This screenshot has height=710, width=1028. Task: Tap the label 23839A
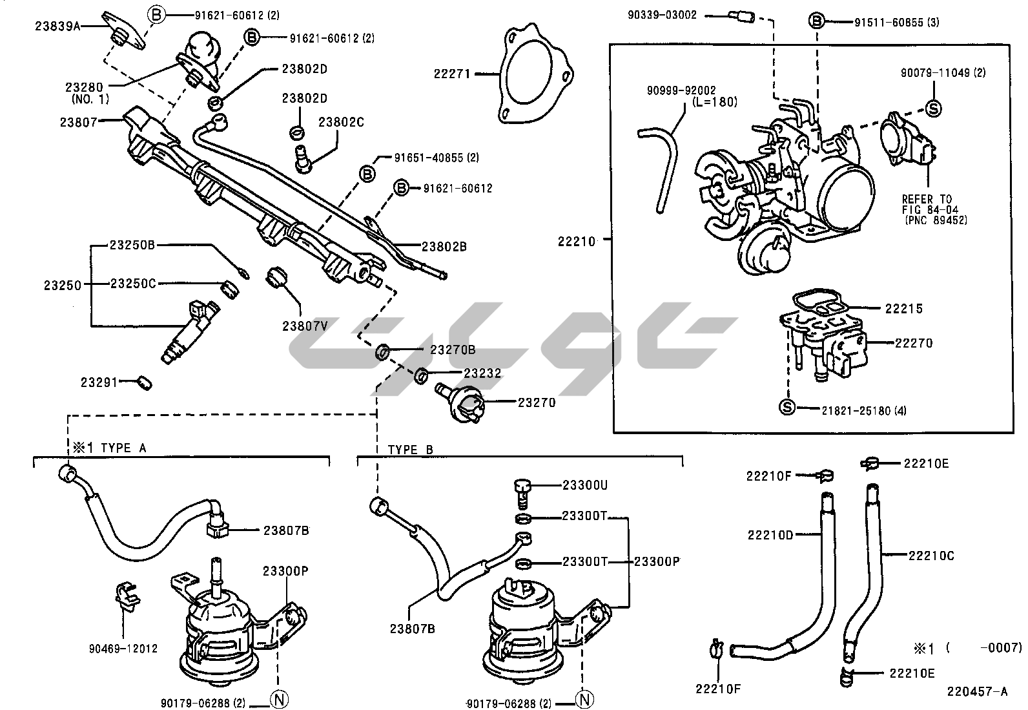tap(58, 26)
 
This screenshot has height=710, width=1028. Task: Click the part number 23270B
tap(453, 350)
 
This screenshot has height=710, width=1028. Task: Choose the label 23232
tap(482, 373)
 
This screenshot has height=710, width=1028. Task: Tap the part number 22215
tap(904, 309)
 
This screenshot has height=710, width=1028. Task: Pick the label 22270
tap(914, 343)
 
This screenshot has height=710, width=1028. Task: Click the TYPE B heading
tap(411, 450)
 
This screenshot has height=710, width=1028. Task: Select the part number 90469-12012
tap(123, 649)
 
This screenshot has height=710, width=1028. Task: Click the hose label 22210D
tap(770, 534)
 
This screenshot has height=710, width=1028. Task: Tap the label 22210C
tap(930, 555)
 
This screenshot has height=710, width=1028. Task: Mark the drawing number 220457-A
tap(977, 692)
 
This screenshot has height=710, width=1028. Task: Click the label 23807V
tap(305, 326)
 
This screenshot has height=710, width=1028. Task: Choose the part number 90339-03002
tap(662, 14)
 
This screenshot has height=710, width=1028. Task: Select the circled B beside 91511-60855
tap(817, 21)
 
